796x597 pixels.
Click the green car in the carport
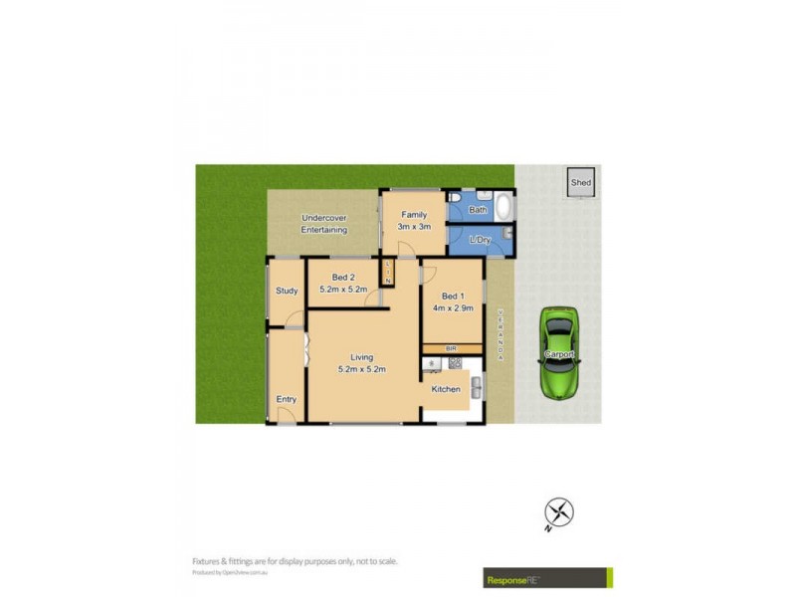pos(560,352)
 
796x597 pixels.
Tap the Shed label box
pos(581,182)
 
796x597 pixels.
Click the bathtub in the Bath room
pos(502,208)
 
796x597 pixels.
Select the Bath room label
pos(479,210)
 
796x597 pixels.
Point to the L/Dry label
pos(480,240)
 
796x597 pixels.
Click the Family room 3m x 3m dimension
pos(413,227)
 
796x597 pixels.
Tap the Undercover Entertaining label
pos(324,223)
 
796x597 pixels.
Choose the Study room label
pos(287,291)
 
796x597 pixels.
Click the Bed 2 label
pos(343,277)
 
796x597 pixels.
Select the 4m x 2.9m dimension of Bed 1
pos(452,308)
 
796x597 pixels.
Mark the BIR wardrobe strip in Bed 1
pos(452,347)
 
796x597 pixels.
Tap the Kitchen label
pos(445,389)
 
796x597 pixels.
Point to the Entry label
pos(287,399)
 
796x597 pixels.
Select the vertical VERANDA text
pos(500,335)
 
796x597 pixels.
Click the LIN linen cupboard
pos(386,272)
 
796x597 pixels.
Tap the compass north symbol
pos(559,513)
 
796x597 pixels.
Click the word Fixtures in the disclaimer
pos(209,561)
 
